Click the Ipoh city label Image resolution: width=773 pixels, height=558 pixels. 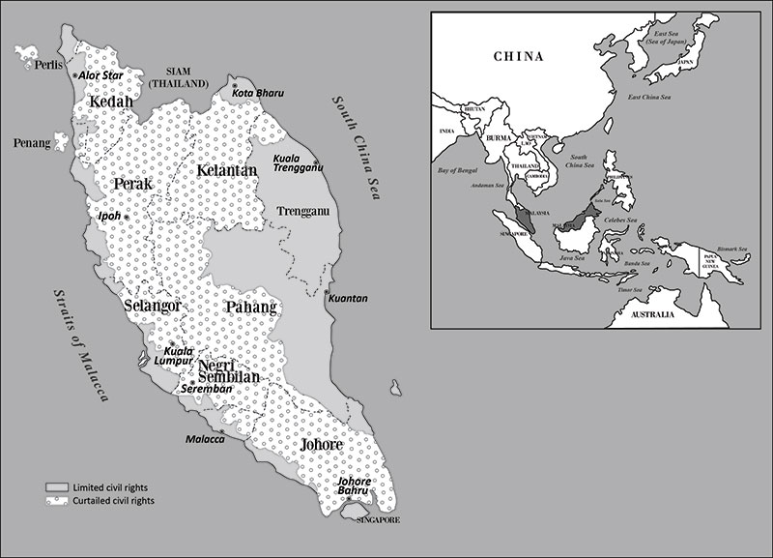tap(108, 216)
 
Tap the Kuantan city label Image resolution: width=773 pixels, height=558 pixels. tap(349, 299)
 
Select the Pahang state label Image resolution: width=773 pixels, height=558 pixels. tap(250, 308)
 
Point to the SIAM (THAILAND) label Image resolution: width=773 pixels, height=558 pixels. tap(187, 77)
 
